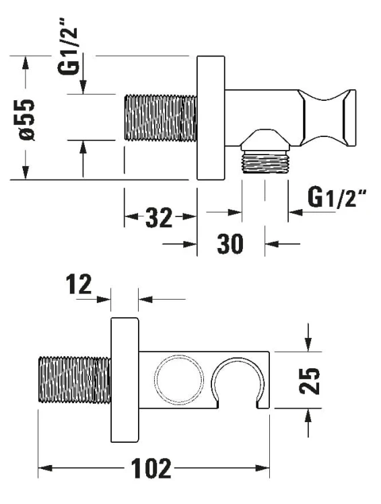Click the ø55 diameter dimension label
[x=27, y=120]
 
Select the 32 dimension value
[x=159, y=218]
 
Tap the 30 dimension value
[x=230, y=244]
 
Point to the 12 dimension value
[x=79, y=284]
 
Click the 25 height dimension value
[x=309, y=381]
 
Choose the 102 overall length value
[x=151, y=468]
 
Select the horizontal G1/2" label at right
[x=337, y=198]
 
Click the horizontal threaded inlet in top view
[x=160, y=118]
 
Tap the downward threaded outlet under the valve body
[x=265, y=162]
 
